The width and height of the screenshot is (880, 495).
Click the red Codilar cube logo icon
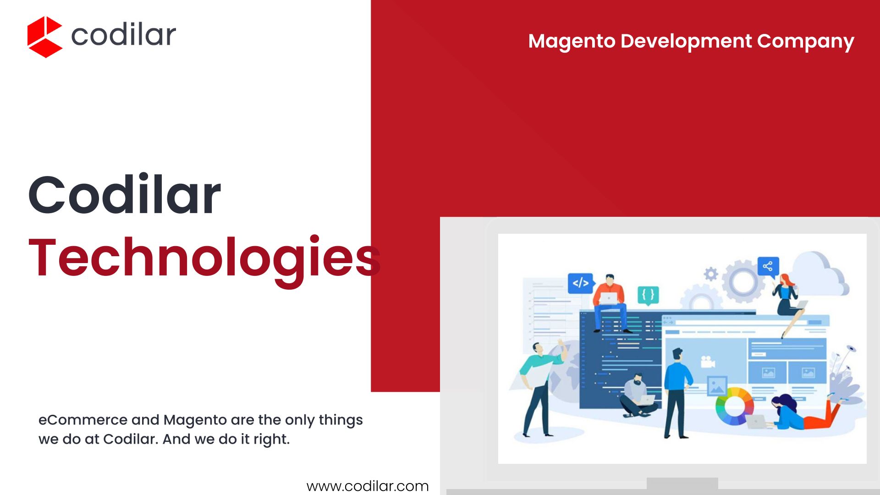click(44, 37)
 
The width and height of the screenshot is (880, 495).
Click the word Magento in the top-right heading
click(572, 41)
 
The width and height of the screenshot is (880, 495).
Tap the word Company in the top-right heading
click(805, 42)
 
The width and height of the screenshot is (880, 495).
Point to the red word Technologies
click(204, 259)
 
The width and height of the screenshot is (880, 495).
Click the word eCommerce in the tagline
click(83, 419)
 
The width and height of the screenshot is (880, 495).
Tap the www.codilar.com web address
click(368, 486)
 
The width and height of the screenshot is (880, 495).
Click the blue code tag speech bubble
click(581, 283)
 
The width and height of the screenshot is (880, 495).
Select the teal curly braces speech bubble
click(648, 295)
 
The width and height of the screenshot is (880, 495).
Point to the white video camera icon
click(707, 362)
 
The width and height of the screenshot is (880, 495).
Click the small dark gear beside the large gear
click(711, 274)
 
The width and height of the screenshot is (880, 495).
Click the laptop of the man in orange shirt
click(609, 298)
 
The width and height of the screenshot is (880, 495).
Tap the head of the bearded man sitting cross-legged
click(638, 379)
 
